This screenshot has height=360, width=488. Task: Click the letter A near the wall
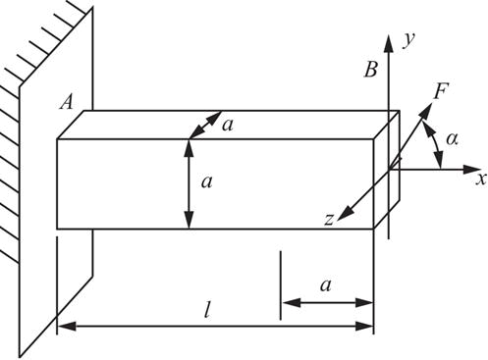pos(67,103)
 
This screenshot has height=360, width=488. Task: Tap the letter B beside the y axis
pos(371,70)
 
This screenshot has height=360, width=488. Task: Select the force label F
pos(441,91)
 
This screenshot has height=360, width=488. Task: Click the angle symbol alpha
pos(452,139)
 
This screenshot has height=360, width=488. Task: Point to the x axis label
pos(481,179)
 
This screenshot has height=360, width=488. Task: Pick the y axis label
pos(408,40)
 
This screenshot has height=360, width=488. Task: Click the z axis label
pos(329,220)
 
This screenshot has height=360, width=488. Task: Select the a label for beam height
pos(207,181)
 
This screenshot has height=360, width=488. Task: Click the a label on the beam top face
pos(228,125)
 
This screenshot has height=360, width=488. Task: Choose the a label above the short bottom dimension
pos(325,284)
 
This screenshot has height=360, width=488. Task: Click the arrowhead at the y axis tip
pos(389,43)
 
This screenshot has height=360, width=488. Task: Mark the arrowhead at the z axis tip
pos(345,213)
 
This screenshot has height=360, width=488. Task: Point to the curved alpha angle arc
pos(435,144)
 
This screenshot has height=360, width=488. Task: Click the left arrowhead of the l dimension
pos(67,326)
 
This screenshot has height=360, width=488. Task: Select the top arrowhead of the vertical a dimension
pos(189,149)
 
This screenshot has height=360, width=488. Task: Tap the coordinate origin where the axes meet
pos(389,170)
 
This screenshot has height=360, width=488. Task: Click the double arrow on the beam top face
pos(206,125)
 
